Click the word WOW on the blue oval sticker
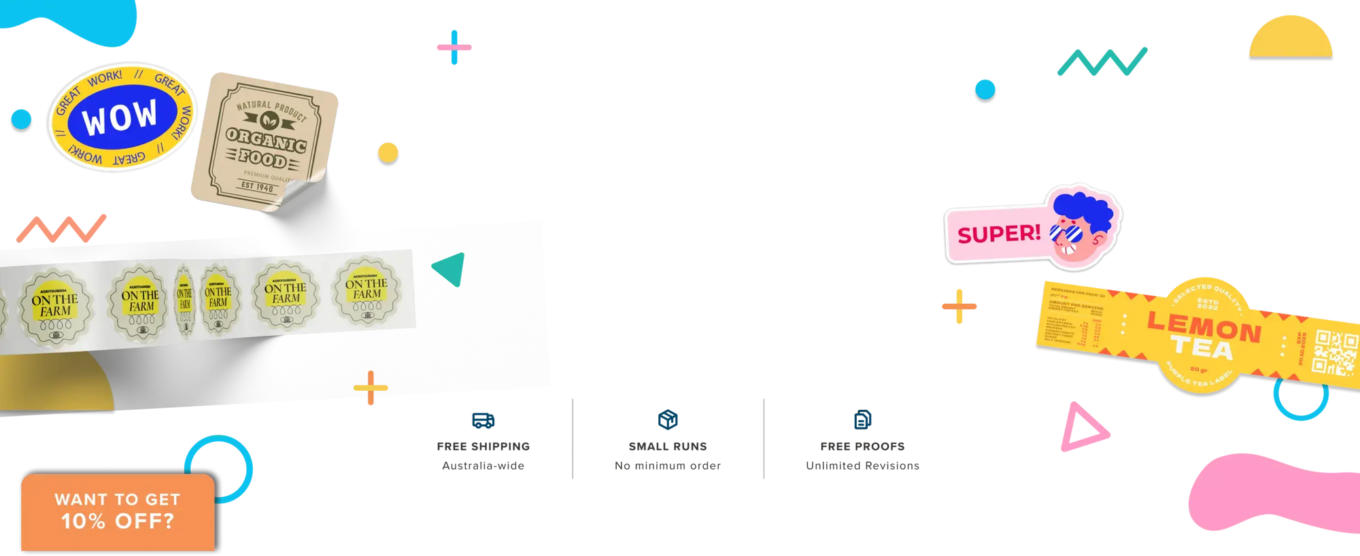(x=120, y=117)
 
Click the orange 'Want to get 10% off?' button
(x=118, y=511)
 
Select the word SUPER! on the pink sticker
(x=998, y=234)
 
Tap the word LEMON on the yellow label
(x=1204, y=326)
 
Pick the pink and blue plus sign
(x=454, y=48)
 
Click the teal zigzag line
(x=1102, y=62)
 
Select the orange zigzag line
(x=61, y=229)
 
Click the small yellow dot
(x=388, y=152)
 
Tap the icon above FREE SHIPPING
(x=483, y=420)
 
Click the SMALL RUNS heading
(x=667, y=447)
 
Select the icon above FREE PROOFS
(x=862, y=419)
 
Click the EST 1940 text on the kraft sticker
(x=257, y=186)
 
